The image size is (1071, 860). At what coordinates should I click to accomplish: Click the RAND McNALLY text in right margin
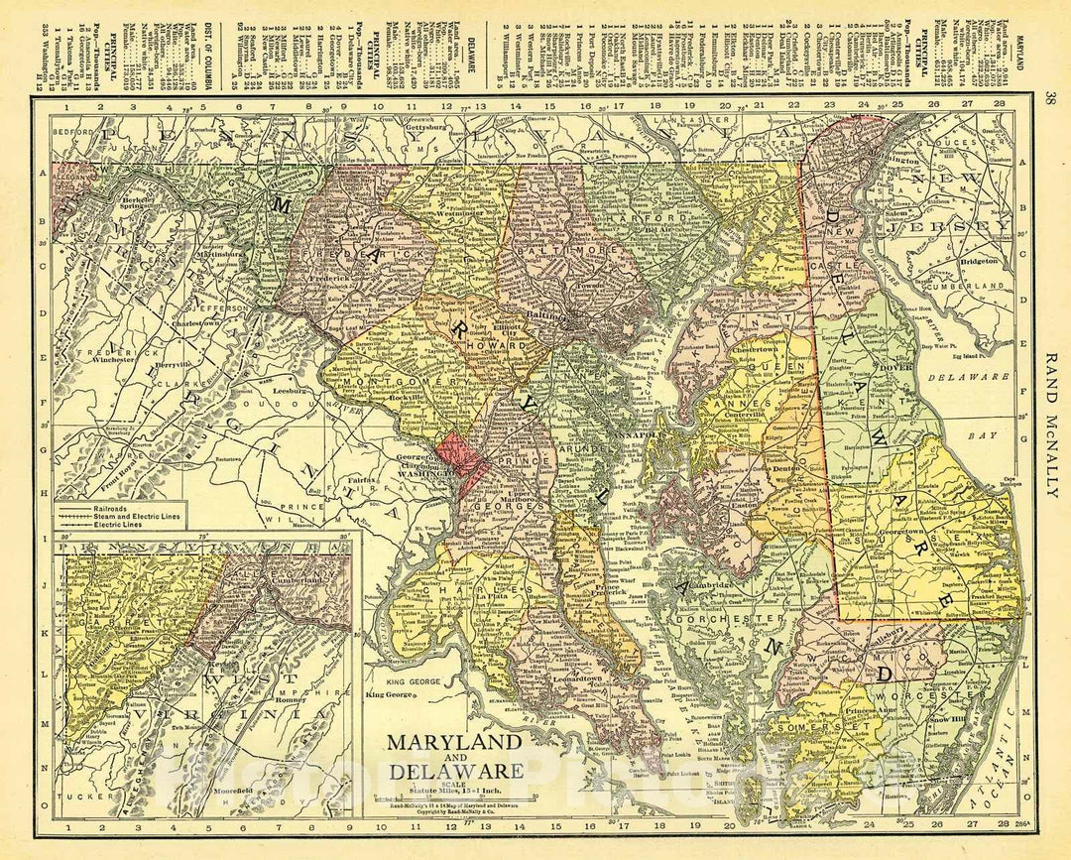pos(1051,428)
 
